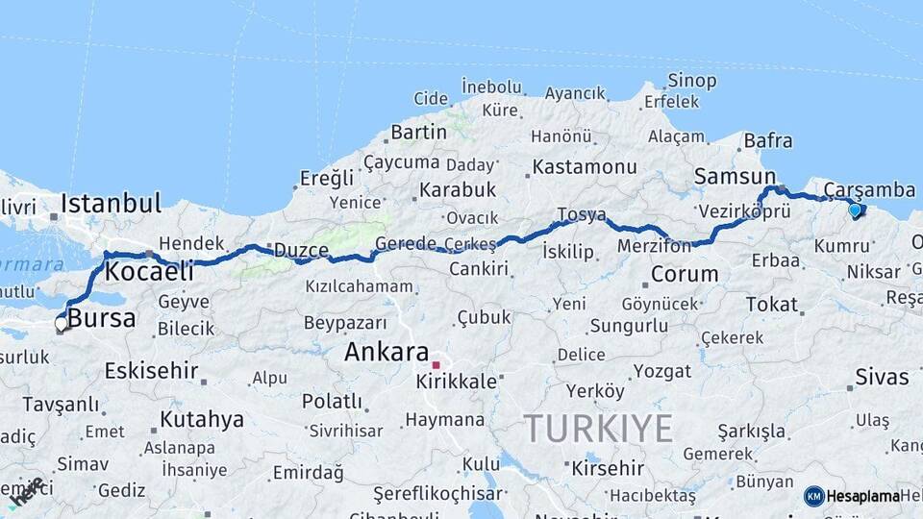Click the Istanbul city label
click(111, 204)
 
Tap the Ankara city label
click(387, 352)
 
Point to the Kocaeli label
click(149, 271)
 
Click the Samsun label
click(735, 177)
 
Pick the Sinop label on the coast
click(691, 81)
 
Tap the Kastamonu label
click(586, 166)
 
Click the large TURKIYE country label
click(597, 428)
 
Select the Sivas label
click(882, 377)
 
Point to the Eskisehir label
click(151, 370)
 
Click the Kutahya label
click(202, 419)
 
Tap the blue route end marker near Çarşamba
click(855, 210)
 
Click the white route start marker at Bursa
click(61, 324)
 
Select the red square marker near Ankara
click(436, 365)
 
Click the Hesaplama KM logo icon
click(813, 496)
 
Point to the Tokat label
click(771, 305)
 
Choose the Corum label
click(685, 274)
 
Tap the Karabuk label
click(458, 189)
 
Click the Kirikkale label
click(457, 382)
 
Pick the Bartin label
click(419, 132)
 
